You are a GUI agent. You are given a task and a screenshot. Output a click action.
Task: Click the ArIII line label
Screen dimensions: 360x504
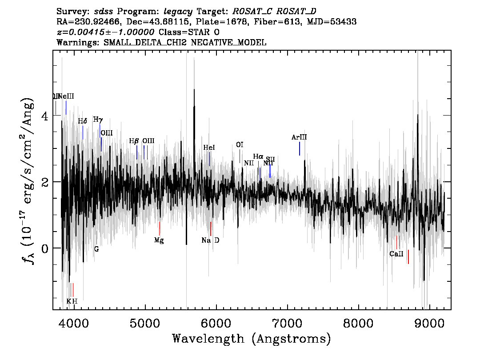point(299,137)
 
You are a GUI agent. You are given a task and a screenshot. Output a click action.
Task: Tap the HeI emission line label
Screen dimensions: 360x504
point(209,148)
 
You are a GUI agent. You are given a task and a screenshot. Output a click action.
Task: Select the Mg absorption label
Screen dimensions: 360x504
point(159,240)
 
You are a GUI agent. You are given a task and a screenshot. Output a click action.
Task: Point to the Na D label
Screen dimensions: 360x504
point(210,240)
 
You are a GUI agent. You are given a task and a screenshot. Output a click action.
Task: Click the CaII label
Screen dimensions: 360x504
point(396,254)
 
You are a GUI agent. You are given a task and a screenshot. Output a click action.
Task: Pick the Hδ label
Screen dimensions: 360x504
point(82,121)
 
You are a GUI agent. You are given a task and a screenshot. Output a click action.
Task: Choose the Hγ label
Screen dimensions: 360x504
point(98,120)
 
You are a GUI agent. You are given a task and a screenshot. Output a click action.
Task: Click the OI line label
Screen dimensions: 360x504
point(240,145)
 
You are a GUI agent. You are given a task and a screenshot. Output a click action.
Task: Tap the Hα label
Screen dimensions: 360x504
point(258,156)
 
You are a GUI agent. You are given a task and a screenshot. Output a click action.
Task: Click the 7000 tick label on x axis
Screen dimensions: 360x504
point(287,323)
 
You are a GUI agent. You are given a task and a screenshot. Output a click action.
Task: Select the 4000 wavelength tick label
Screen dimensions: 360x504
point(73,323)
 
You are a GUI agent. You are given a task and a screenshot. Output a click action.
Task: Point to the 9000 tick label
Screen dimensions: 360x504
point(429,323)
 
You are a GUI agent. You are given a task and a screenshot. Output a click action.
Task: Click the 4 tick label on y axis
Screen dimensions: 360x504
point(44,116)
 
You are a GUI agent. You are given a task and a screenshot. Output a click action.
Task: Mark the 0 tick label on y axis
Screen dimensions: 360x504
point(44,248)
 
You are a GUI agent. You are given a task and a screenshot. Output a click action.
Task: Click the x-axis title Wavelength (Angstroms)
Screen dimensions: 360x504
point(252,339)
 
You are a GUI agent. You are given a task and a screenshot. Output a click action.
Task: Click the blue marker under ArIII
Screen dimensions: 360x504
point(300,149)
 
